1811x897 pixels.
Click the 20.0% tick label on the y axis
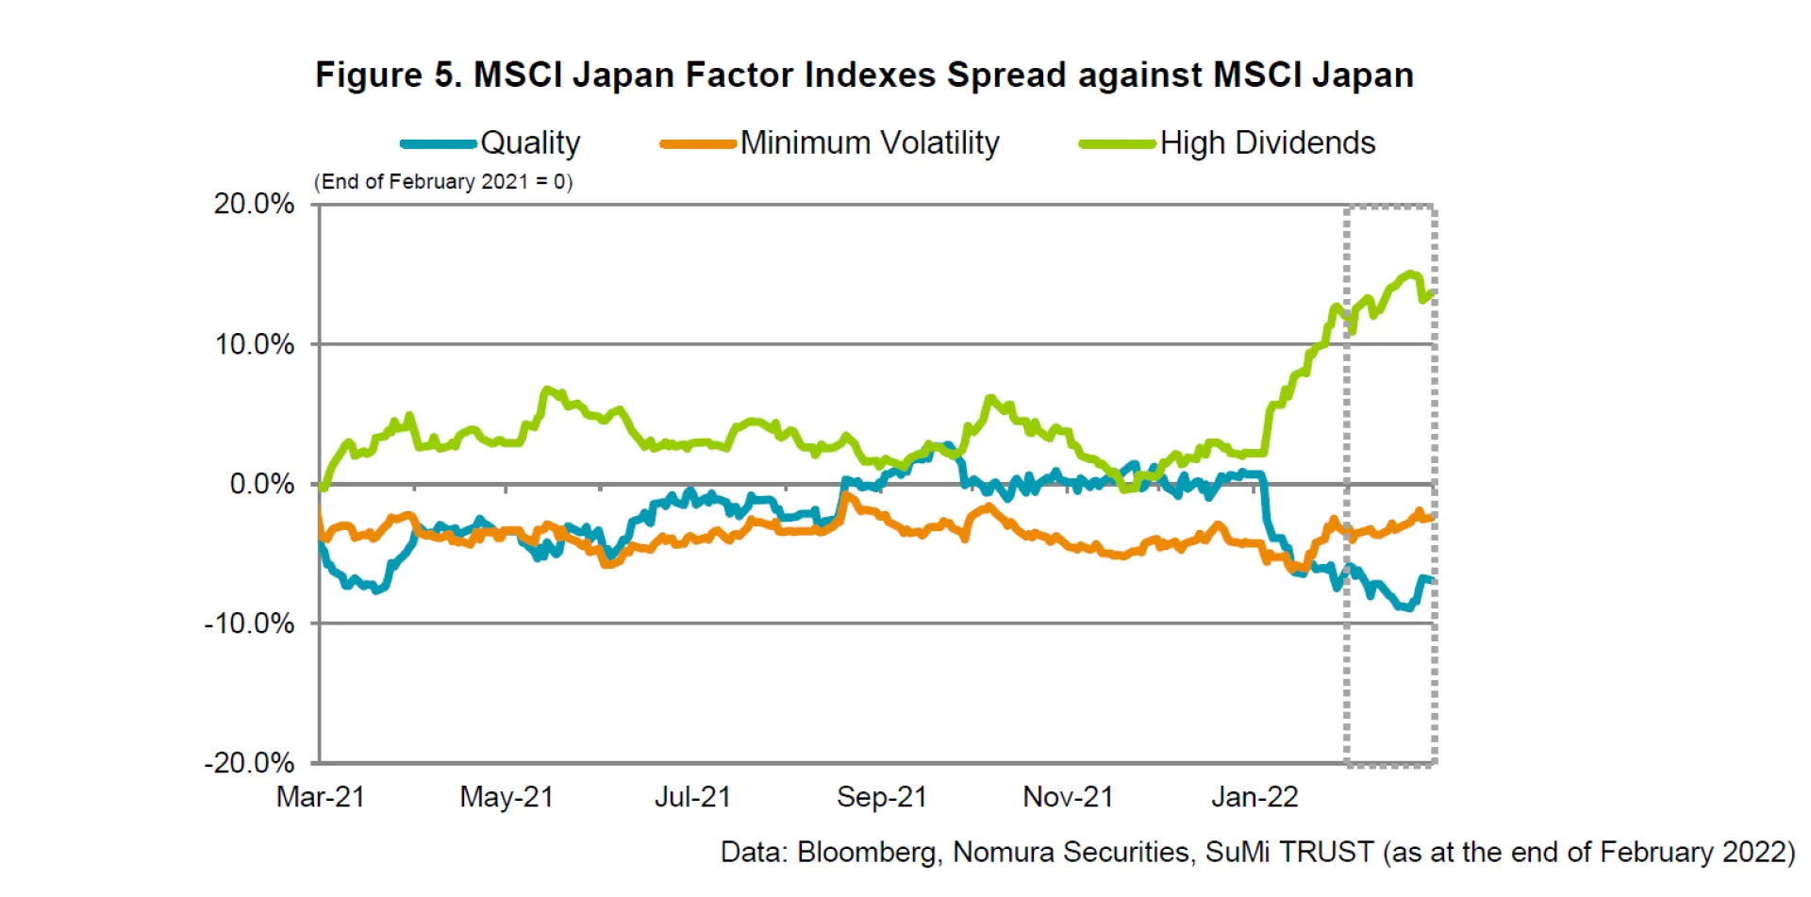pos(254,204)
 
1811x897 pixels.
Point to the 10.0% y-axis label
pos(255,344)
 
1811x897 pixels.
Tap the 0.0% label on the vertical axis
pos(262,484)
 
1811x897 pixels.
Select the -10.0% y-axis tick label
pos(249,623)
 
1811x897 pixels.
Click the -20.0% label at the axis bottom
pos(249,762)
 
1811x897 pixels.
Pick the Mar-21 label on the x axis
pos(320,797)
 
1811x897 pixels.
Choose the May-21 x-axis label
pos(507,797)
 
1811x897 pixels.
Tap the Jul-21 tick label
pos(692,797)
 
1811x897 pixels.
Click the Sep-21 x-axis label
pos(882,797)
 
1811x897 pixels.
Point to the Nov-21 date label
pos(1068,797)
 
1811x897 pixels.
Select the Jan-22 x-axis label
pos(1254,797)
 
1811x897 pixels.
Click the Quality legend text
pos(530,143)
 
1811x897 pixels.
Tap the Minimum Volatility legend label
pos(870,143)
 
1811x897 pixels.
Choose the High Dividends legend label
pos(1268,143)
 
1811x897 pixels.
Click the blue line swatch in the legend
pos(439,144)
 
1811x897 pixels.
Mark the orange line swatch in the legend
pos(698,144)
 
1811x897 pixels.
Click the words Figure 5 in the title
pos(388,75)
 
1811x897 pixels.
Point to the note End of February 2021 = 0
pos(443,181)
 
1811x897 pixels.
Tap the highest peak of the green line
pos(1411,274)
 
